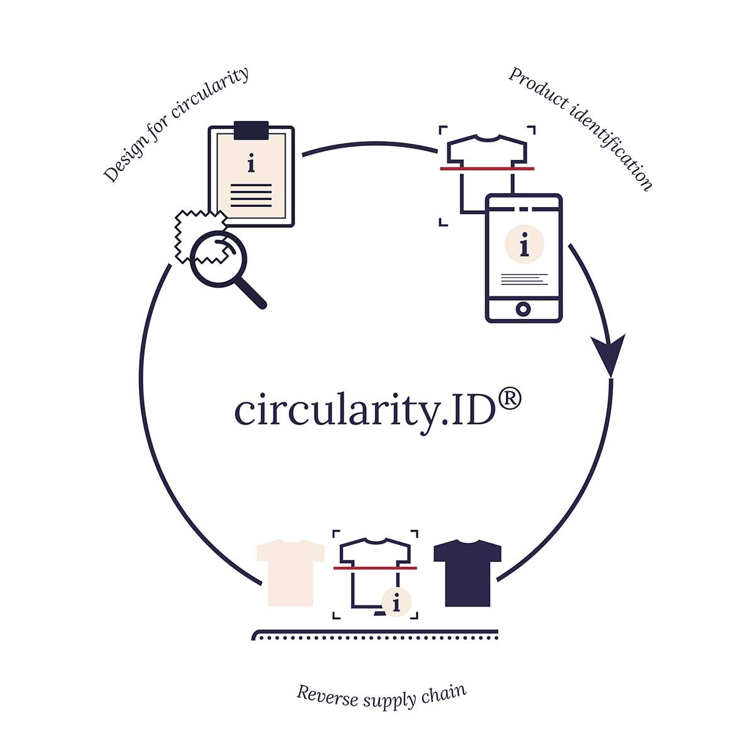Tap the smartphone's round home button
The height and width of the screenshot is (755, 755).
(x=523, y=308)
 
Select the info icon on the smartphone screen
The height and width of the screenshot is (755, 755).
(x=524, y=244)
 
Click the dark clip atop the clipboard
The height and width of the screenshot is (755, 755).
(x=251, y=130)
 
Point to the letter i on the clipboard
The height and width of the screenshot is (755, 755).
(x=251, y=165)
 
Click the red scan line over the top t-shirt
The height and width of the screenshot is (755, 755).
(x=487, y=169)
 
